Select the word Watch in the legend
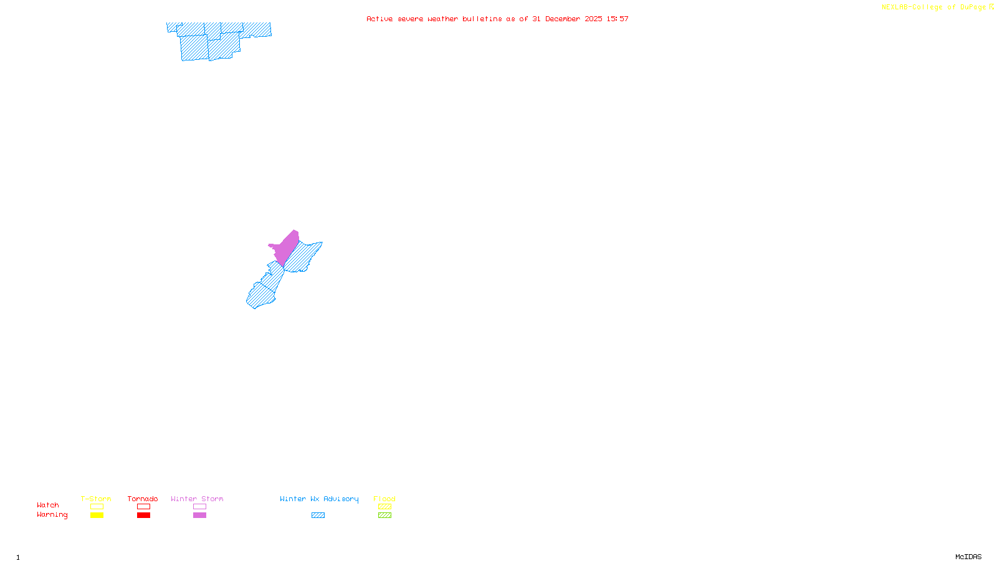(x=48, y=505)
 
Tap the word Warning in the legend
(x=52, y=515)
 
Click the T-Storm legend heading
(x=96, y=499)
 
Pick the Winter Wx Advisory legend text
(x=319, y=499)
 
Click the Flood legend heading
(x=384, y=499)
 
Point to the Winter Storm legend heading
(x=197, y=499)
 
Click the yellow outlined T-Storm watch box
(x=97, y=507)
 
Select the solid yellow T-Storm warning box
(x=97, y=515)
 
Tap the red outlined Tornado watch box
(x=143, y=507)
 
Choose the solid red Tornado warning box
(x=143, y=515)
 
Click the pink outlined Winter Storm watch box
(x=199, y=507)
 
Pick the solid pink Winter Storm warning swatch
(x=199, y=515)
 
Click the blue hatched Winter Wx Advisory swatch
(x=318, y=515)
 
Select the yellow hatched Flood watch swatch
(x=384, y=507)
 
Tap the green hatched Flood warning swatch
(x=384, y=515)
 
